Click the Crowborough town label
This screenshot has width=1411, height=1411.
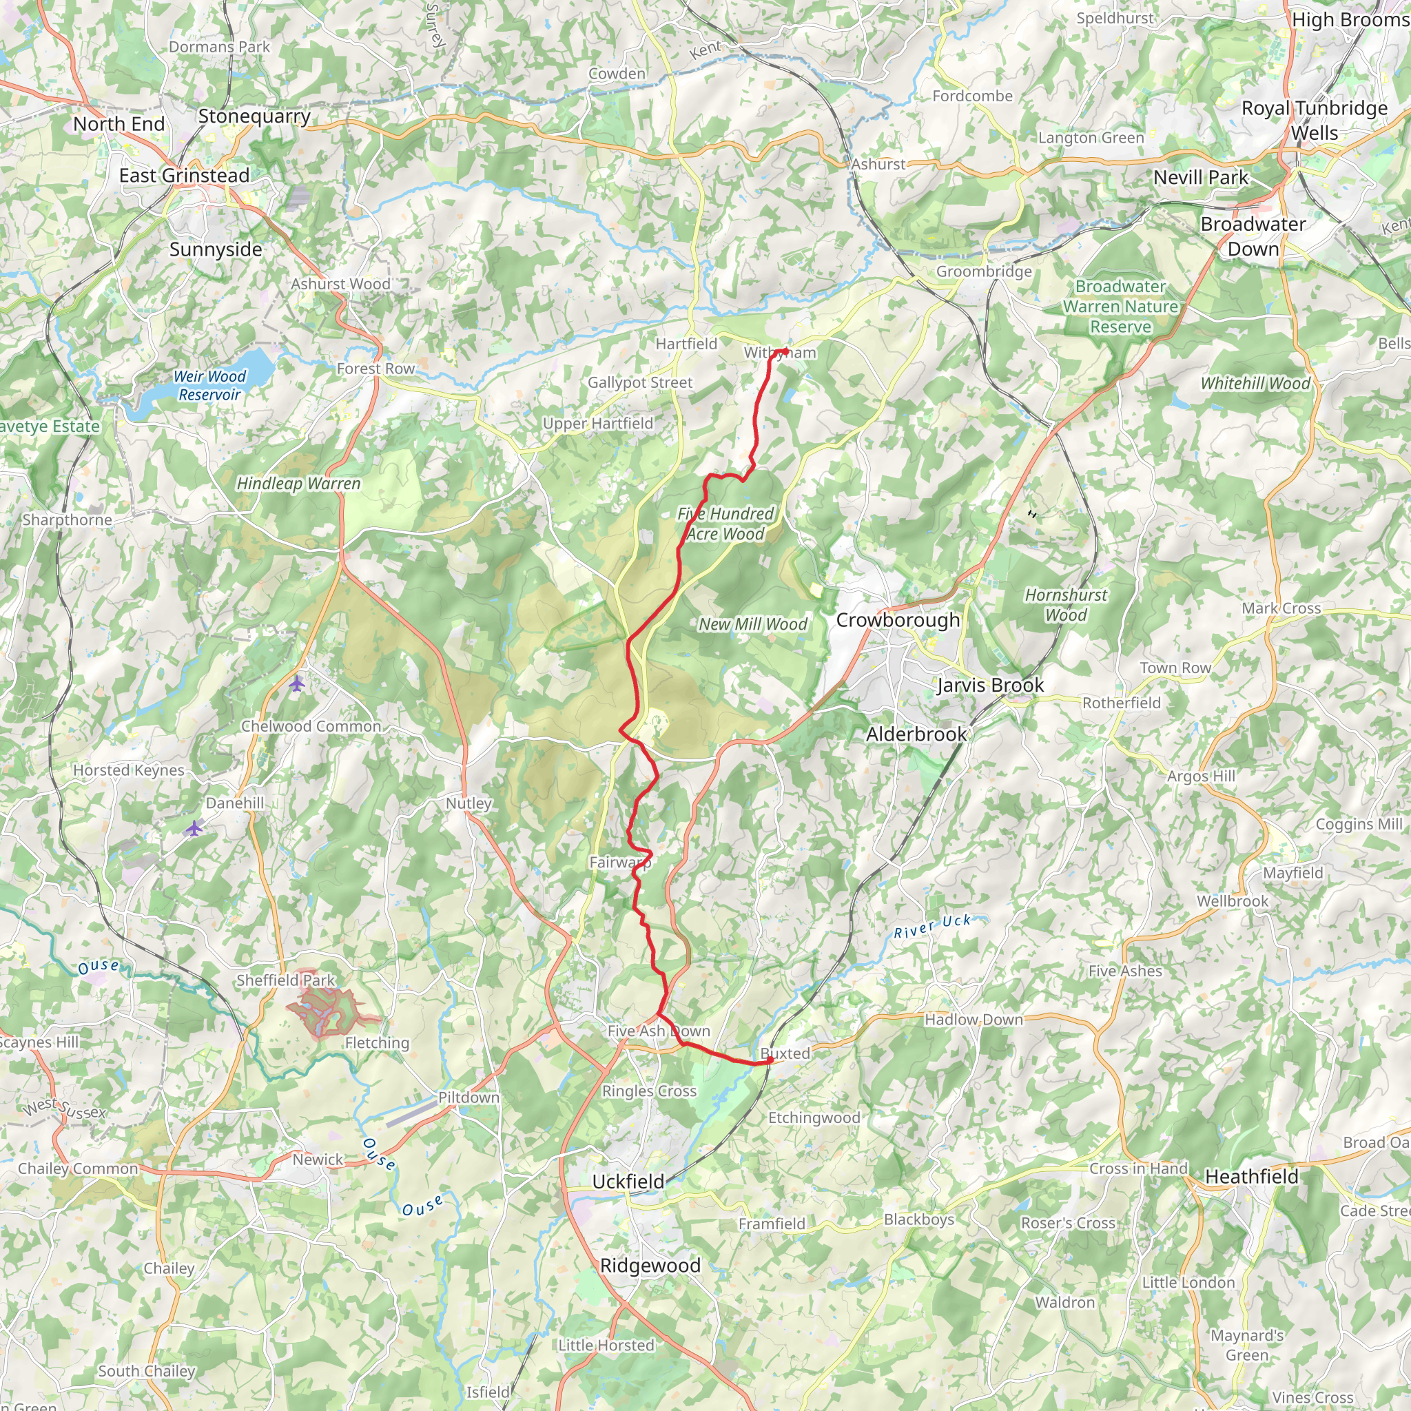click(898, 620)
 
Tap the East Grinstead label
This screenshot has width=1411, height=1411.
click(184, 175)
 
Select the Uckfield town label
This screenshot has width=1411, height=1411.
click(628, 1182)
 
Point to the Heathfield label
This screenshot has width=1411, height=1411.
click(1252, 1177)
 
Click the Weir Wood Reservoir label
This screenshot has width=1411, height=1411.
click(209, 386)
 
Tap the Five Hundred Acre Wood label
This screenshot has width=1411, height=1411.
click(725, 524)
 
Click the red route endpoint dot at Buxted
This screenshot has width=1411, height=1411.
click(769, 1060)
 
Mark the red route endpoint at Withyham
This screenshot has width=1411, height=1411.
click(784, 351)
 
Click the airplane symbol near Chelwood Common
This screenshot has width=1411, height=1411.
click(296, 684)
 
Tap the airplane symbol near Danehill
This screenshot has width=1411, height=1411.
click(194, 828)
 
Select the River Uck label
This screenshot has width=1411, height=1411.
click(933, 926)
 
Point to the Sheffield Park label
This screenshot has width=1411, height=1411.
click(285, 980)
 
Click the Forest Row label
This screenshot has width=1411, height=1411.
click(375, 369)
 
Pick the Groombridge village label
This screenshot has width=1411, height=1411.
click(984, 271)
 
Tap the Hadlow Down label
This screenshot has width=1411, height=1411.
click(974, 1020)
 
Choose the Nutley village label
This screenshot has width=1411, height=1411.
click(468, 803)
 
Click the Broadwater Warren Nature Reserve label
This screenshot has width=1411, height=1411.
click(1120, 307)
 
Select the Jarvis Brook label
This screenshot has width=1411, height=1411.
click(990, 685)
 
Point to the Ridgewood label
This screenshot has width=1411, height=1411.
click(650, 1266)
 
